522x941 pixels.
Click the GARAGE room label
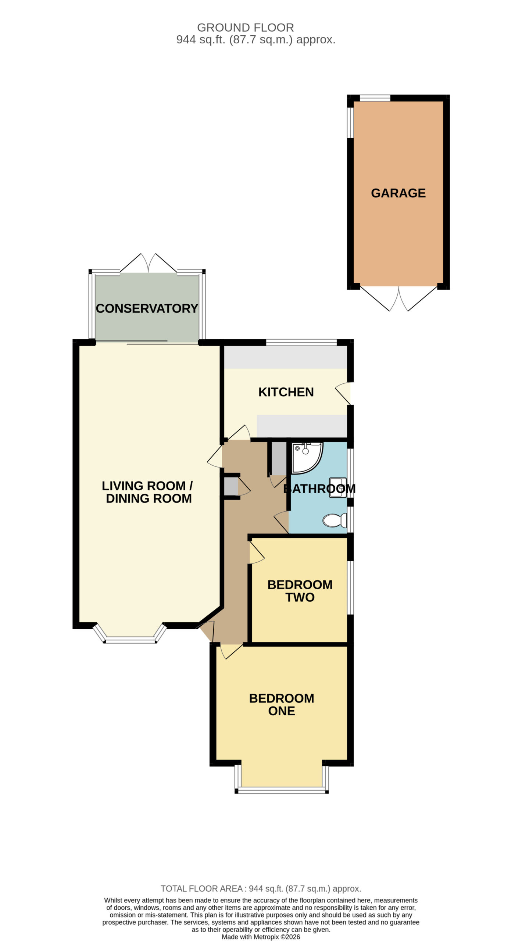[x=398, y=193]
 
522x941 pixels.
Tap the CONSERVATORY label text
[x=147, y=308]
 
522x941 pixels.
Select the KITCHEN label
[x=286, y=392]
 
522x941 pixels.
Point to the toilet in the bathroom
[x=335, y=520]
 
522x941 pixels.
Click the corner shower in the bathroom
[x=307, y=458]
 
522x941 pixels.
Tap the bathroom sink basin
[x=338, y=488]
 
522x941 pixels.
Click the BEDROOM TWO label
[x=300, y=591]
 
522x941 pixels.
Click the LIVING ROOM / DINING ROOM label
[x=147, y=492]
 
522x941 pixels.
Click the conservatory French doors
[x=149, y=263]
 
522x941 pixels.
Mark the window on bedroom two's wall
[x=351, y=587]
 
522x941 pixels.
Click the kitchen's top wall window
[x=301, y=343]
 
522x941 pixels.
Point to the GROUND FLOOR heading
[x=246, y=28]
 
